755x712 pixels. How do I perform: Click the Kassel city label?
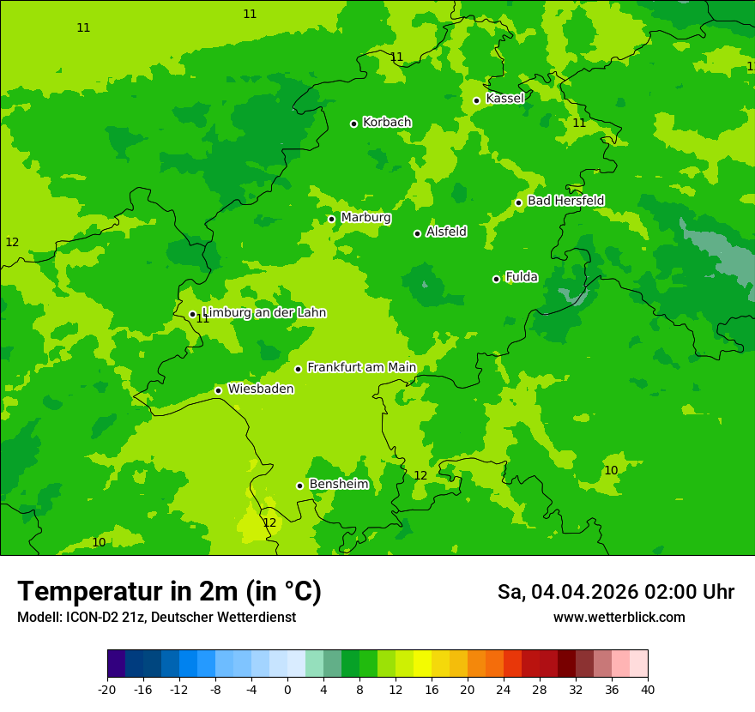[x=504, y=99]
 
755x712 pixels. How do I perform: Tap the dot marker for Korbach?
[x=353, y=124]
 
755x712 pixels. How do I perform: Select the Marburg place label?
[x=365, y=218]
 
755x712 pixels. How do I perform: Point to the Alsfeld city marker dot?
[x=417, y=233]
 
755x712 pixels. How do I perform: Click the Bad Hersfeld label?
[x=565, y=201]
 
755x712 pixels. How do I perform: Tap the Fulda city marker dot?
[x=496, y=279]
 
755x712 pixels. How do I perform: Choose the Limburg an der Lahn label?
[x=263, y=313]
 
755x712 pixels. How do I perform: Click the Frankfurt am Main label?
[x=361, y=368]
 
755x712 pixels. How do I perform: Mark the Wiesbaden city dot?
[x=218, y=390]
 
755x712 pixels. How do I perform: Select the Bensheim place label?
[x=338, y=485]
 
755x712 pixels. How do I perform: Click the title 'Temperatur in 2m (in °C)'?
[x=169, y=592]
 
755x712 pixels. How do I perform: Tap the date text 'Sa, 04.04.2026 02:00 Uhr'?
[x=615, y=592]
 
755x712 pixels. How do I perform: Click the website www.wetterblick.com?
[x=619, y=618]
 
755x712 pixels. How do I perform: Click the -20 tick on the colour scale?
[x=107, y=689]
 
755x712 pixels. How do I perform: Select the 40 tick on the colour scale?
[x=648, y=689]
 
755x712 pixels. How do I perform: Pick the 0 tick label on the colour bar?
[x=287, y=689]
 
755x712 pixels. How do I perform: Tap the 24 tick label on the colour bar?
[x=504, y=689]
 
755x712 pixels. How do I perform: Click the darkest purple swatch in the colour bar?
[x=116, y=665]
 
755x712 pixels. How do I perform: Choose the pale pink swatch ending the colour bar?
[x=639, y=665]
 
